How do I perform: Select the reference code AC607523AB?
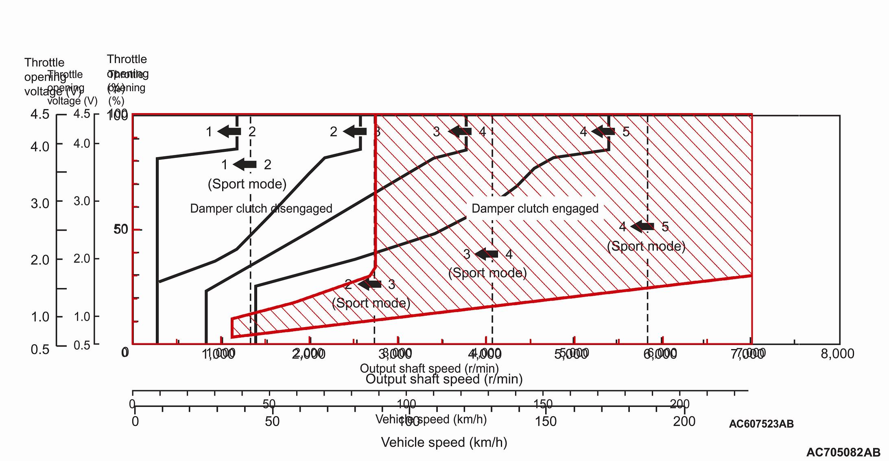[761, 424]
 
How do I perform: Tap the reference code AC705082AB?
[843, 452]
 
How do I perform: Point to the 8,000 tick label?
[837, 354]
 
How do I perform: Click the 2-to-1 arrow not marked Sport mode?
[229, 131]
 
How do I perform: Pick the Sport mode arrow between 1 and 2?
[245, 164]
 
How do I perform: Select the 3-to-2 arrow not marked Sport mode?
[355, 131]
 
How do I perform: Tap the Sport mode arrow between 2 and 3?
[369, 284]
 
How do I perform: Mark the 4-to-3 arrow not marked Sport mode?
[460, 131]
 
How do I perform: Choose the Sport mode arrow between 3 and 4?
[487, 254]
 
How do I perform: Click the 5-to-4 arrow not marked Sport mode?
[603, 131]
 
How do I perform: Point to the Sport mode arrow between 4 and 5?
[642, 227]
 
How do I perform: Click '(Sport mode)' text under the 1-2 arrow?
[247, 184]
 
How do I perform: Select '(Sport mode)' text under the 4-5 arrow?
[646, 247]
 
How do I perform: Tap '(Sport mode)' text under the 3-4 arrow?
[487, 273]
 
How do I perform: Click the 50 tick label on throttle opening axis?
[121, 229]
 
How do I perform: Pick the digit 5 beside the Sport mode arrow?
[665, 227]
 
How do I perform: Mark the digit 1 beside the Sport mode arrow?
[225, 165]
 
